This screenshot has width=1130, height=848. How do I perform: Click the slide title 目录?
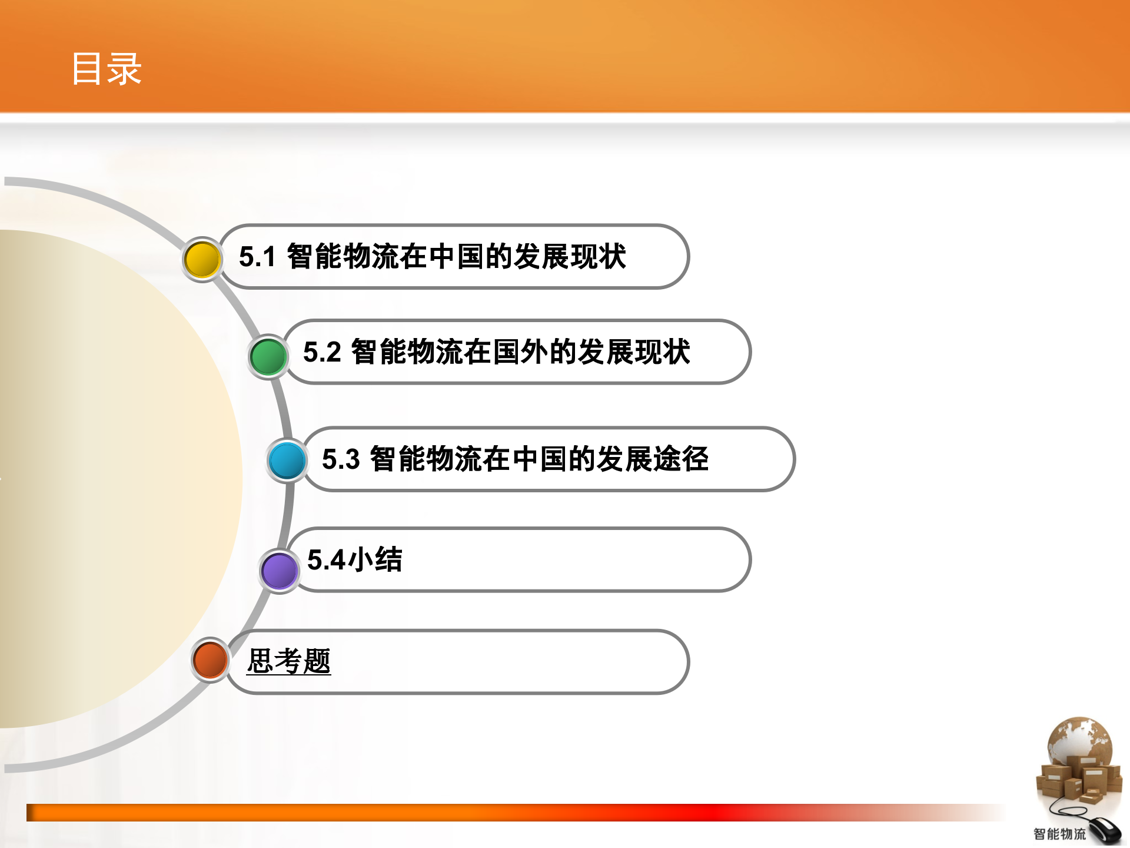(107, 69)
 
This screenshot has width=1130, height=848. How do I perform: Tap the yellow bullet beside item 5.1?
(202, 260)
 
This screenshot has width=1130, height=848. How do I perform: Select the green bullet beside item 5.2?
(268, 356)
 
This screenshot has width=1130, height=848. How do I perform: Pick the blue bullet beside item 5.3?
(287, 461)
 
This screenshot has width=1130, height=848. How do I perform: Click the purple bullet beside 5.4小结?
(279, 571)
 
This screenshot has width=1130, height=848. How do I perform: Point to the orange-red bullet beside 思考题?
(210, 660)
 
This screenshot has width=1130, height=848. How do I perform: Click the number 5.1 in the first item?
(257, 257)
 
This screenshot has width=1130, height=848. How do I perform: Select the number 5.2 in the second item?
(322, 353)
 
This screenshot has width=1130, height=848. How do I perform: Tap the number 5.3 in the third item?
(341, 460)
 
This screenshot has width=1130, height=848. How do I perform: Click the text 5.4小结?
(355, 560)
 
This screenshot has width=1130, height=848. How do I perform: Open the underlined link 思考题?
(288, 661)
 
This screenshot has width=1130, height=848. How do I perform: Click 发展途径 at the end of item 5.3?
(652, 459)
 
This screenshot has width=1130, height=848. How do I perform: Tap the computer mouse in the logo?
(1105, 831)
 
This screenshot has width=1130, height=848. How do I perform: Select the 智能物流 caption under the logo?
(1059, 834)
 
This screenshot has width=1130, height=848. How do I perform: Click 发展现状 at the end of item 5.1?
(570, 257)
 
